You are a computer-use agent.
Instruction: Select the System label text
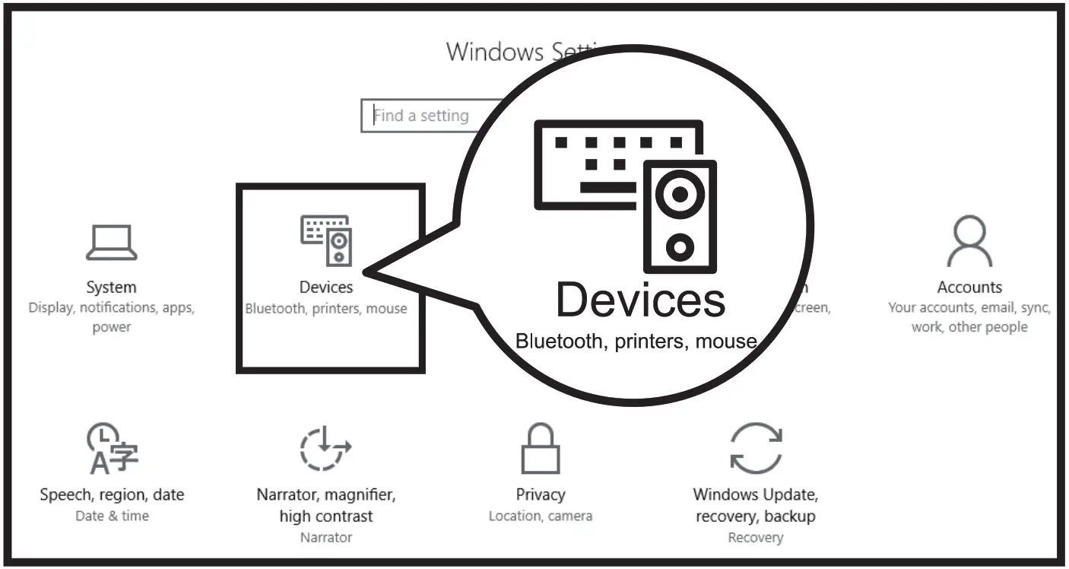click(111, 288)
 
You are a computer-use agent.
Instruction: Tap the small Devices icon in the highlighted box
click(327, 240)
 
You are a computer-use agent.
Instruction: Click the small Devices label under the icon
click(326, 288)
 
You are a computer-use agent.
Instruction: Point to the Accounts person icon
click(969, 242)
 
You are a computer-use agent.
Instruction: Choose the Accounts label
click(969, 288)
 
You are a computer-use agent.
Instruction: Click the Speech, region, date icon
click(113, 449)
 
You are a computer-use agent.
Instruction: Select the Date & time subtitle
click(112, 516)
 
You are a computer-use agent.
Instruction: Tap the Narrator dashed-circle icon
click(325, 449)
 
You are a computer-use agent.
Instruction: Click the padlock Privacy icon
click(541, 449)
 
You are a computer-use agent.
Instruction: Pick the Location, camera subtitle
click(540, 516)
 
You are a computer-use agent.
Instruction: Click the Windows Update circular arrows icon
click(755, 449)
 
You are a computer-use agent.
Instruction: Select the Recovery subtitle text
click(755, 538)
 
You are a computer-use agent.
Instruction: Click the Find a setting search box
click(426, 116)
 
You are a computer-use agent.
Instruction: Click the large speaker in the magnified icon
click(679, 217)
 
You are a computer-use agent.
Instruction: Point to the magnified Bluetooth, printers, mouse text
click(636, 341)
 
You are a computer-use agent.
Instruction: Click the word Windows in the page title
click(495, 52)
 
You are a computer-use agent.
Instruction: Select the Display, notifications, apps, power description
click(112, 317)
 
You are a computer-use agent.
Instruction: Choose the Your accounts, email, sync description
click(969, 308)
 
